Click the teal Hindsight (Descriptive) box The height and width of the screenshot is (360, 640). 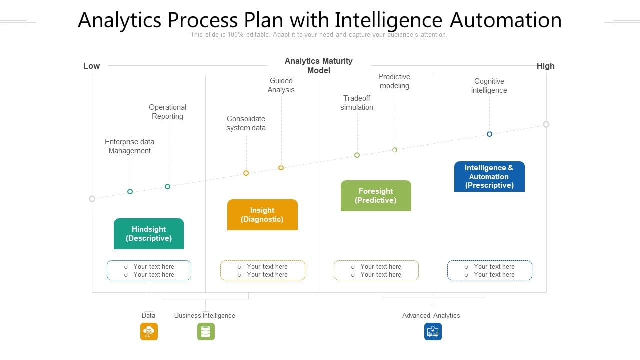click(149, 234)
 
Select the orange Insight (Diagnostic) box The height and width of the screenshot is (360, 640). click(262, 215)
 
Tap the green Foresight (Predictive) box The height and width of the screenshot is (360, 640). click(376, 196)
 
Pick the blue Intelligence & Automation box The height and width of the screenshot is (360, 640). click(489, 176)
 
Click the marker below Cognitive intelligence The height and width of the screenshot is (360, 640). click(489, 134)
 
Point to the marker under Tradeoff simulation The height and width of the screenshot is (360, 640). click(357, 155)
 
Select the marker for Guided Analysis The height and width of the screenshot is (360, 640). click(281, 168)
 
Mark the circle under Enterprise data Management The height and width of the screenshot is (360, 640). click(130, 191)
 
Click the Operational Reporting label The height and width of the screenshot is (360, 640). click(167, 112)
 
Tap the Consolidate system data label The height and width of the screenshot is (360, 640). click(246, 123)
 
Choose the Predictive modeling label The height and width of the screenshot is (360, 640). click(394, 81)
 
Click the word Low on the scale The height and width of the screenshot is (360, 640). click(91, 66)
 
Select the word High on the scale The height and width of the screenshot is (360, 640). click(545, 66)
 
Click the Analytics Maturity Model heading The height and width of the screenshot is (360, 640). click(319, 66)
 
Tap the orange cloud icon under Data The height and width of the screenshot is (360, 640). click(149, 331)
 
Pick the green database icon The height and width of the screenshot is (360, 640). click(206, 331)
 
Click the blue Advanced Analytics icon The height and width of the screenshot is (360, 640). click(433, 331)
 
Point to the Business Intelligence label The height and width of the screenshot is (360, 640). click(204, 315)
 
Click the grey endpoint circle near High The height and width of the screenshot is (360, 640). click(546, 124)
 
